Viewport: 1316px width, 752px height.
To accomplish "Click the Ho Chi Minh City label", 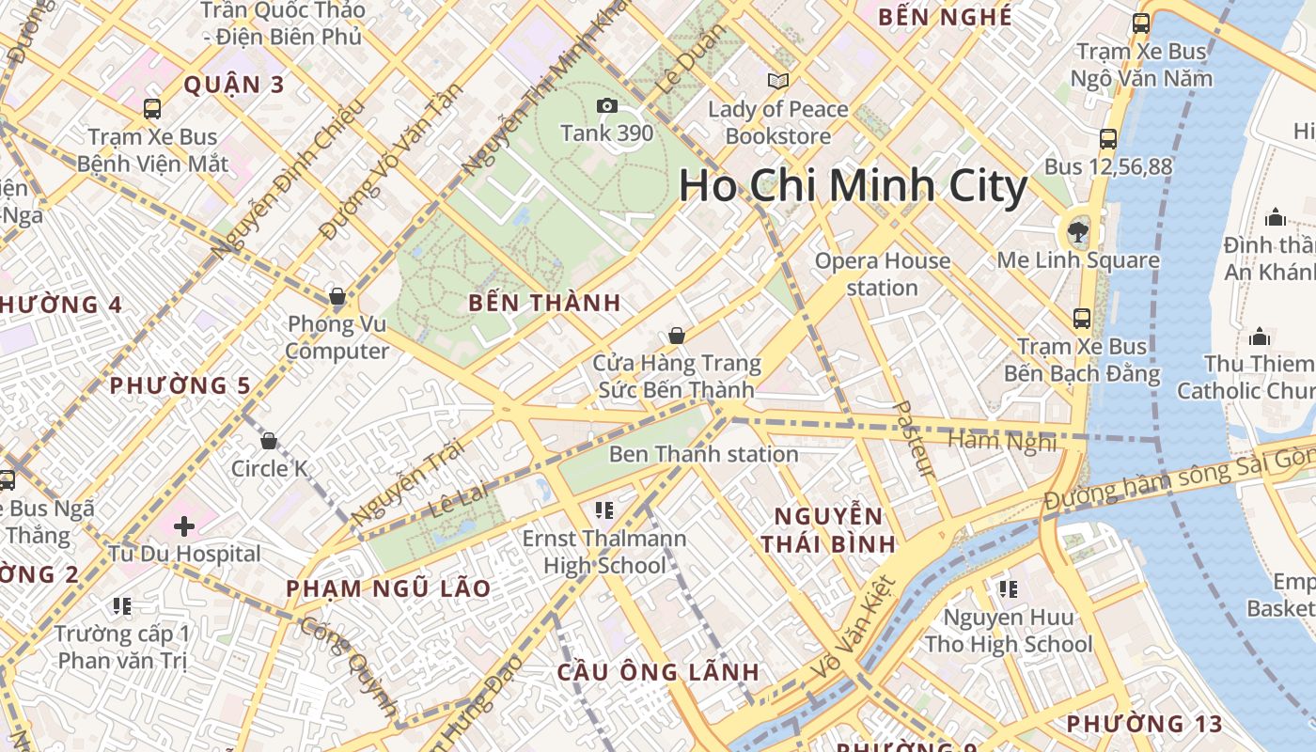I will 853,186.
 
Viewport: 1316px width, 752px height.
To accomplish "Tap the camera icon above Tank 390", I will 607,105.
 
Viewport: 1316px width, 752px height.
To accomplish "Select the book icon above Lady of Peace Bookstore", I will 778,81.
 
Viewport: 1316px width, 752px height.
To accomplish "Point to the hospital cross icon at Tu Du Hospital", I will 183,525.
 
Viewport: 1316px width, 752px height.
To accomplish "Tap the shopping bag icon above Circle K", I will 269,440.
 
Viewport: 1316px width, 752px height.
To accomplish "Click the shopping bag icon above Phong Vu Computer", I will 337,297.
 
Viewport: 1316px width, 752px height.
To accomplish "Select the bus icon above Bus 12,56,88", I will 1108,139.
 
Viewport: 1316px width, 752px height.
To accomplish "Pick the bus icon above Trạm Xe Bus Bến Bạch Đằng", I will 1082,318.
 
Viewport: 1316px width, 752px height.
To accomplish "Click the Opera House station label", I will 883,274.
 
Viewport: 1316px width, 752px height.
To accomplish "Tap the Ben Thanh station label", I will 703,454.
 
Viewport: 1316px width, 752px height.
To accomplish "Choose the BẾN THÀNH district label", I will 544,303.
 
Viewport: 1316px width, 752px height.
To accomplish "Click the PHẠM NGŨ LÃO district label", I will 388,588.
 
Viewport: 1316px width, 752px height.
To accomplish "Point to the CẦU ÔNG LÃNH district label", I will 658,672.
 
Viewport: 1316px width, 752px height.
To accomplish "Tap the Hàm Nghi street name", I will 1002,440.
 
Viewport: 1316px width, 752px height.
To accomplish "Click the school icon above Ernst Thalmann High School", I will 604,510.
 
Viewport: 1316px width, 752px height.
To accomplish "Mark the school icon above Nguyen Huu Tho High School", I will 1009,589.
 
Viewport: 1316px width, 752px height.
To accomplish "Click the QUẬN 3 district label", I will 234,85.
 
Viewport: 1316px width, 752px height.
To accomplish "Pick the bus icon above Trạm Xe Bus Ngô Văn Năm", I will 1141,23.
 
